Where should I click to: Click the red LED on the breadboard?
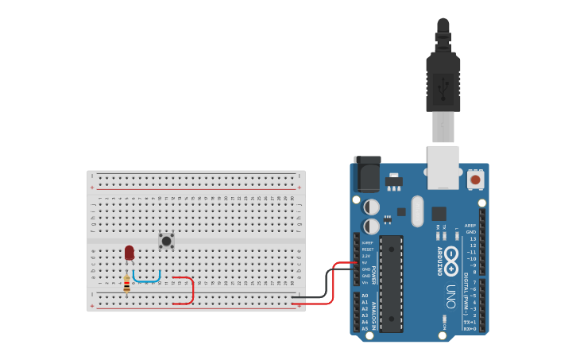click(130, 252)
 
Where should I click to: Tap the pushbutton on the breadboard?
click(167, 240)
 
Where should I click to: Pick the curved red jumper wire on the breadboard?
click(191, 289)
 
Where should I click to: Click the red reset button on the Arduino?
click(475, 180)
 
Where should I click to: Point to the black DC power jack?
click(366, 175)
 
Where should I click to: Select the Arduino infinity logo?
click(452, 259)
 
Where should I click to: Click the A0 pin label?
click(365, 296)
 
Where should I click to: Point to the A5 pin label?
click(365, 328)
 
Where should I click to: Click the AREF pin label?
click(470, 226)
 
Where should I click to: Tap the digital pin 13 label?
click(473, 238)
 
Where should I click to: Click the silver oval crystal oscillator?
click(418, 211)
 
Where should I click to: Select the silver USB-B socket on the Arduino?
click(443, 167)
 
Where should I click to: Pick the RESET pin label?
click(368, 250)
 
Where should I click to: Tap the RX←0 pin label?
click(470, 328)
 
